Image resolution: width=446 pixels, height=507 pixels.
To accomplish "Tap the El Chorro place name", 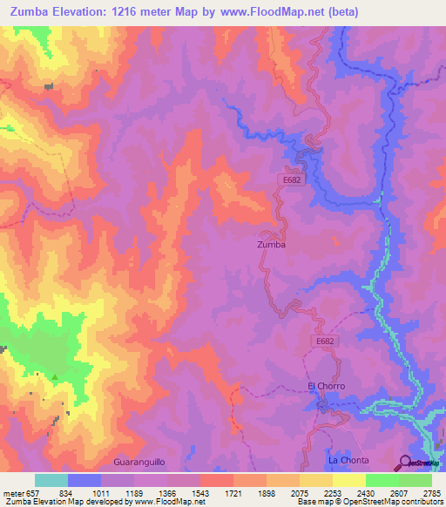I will tap(327, 386).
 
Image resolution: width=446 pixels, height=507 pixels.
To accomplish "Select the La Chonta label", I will tap(348, 460).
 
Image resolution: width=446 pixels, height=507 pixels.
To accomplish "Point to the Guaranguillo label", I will tap(139, 460).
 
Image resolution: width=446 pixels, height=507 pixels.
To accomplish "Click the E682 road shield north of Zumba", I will tap(292, 178).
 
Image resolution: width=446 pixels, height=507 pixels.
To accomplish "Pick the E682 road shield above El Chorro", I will tap(325, 341).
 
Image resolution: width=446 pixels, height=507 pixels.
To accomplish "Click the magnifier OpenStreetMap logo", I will tap(405, 462).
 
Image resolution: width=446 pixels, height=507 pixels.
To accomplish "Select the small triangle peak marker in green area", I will tap(56, 377).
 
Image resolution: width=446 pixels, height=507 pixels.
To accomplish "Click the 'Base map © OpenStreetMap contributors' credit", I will tap(368, 502).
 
